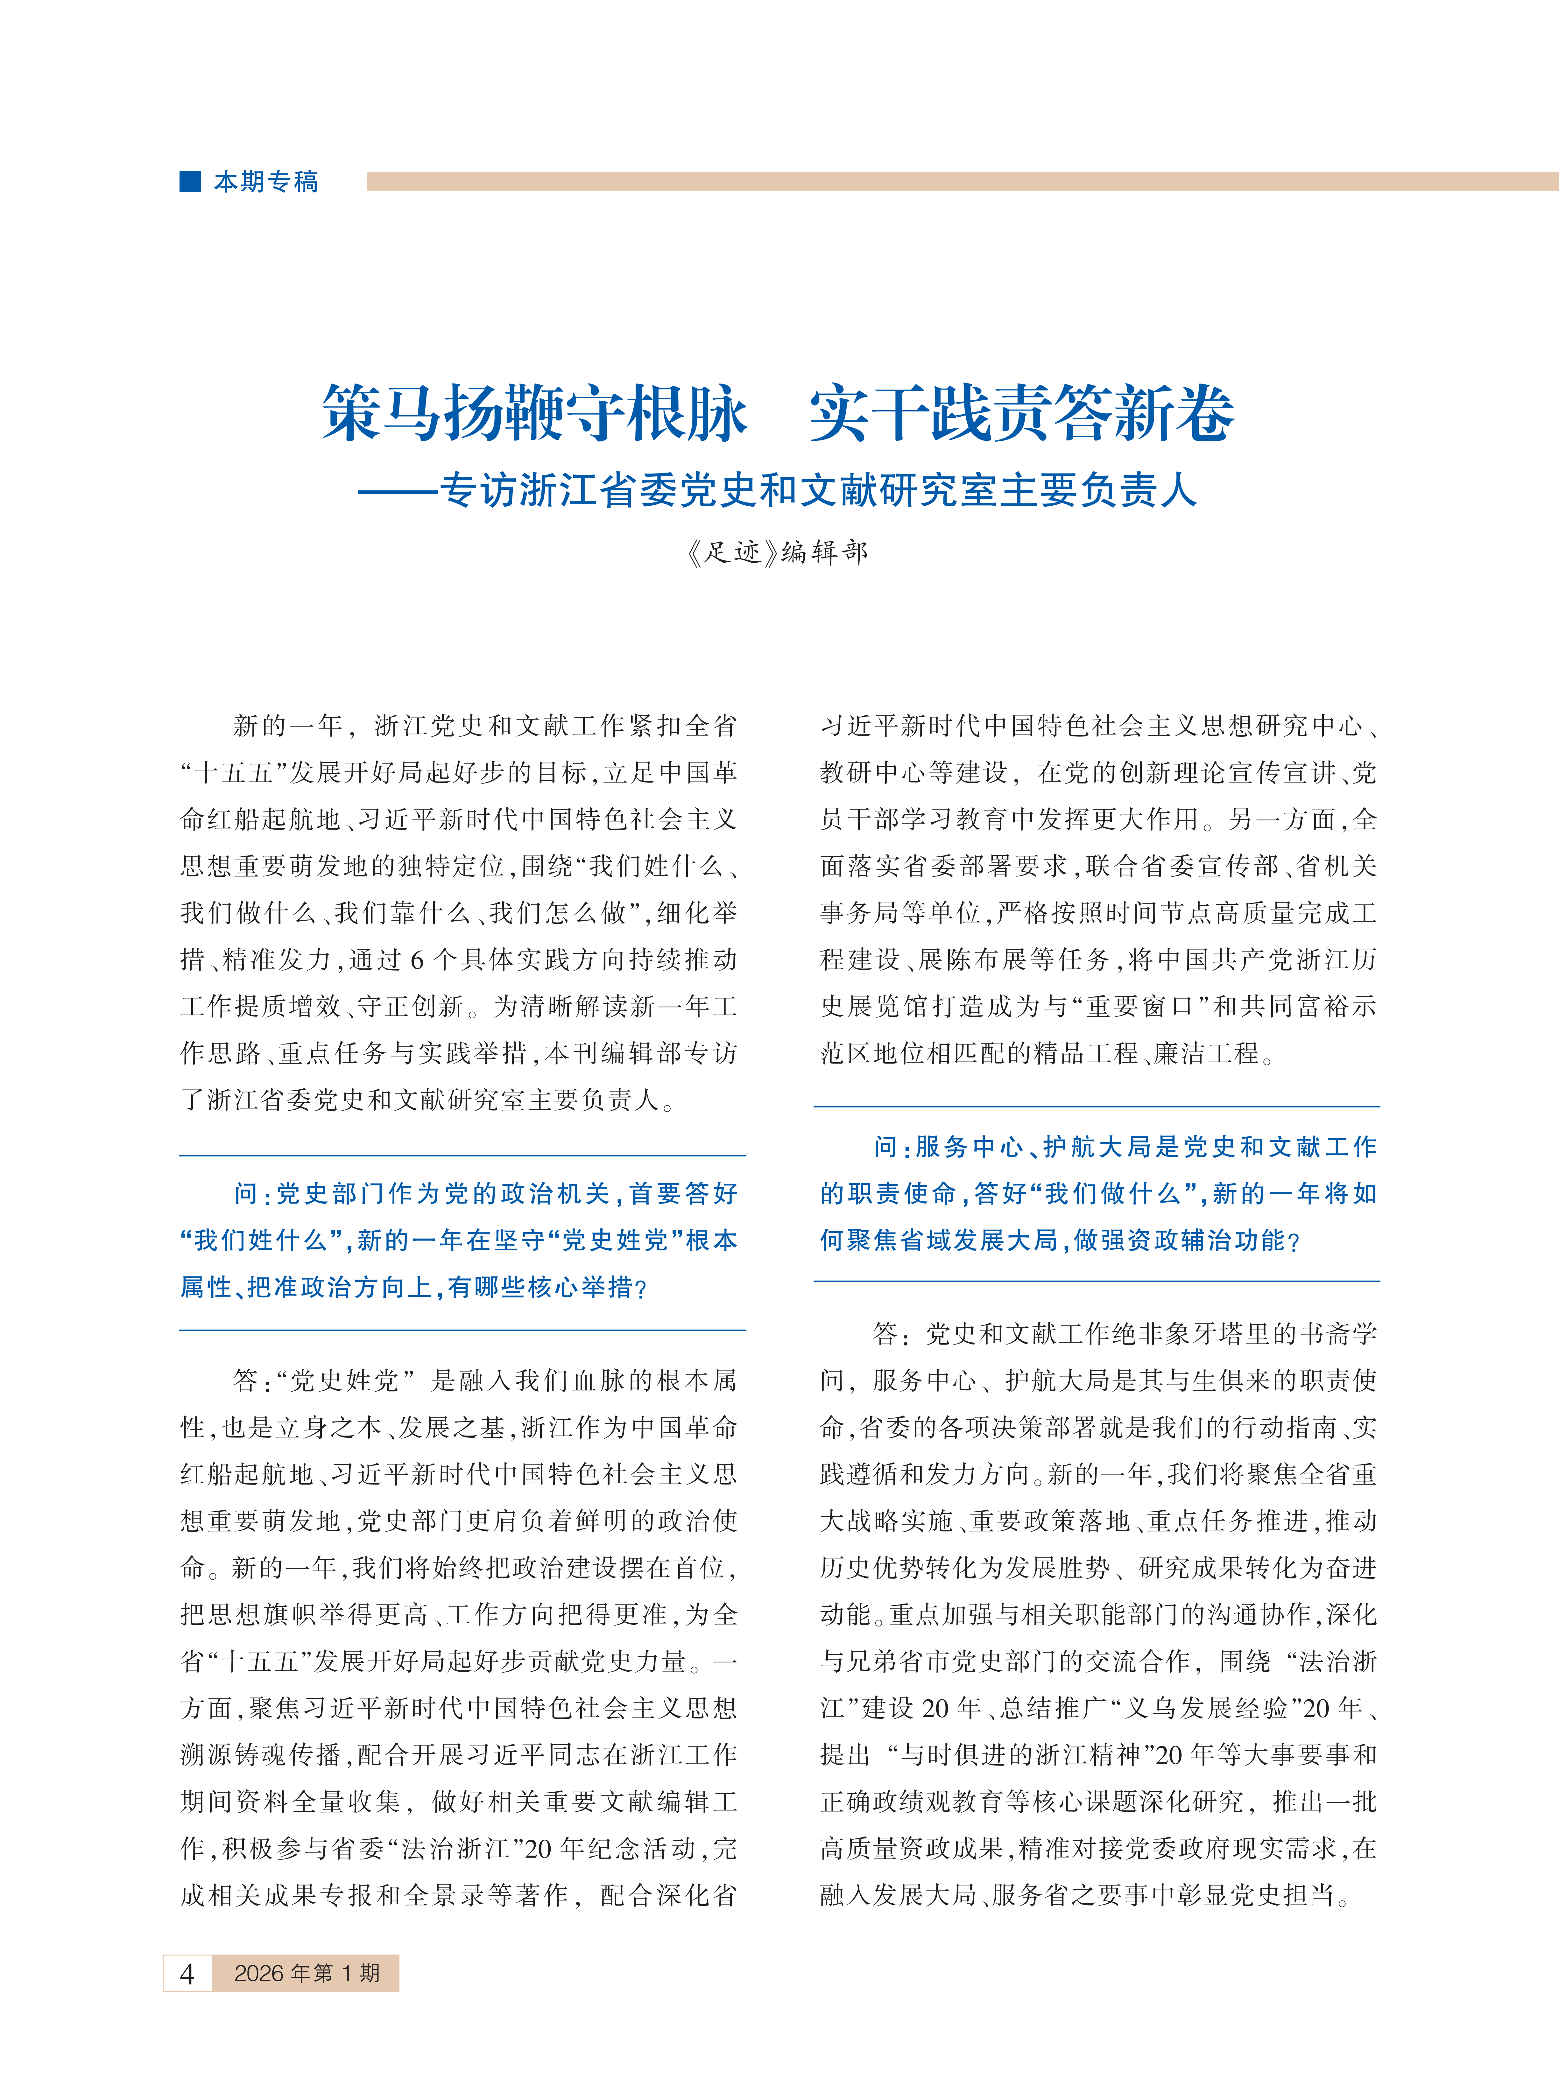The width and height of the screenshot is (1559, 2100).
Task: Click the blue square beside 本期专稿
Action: pos(191,181)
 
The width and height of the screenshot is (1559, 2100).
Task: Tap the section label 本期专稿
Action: pos(266,181)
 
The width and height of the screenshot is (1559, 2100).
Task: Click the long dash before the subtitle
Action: pos(397,491)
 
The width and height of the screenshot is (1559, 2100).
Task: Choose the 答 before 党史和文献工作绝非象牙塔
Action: pos(885,1334)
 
